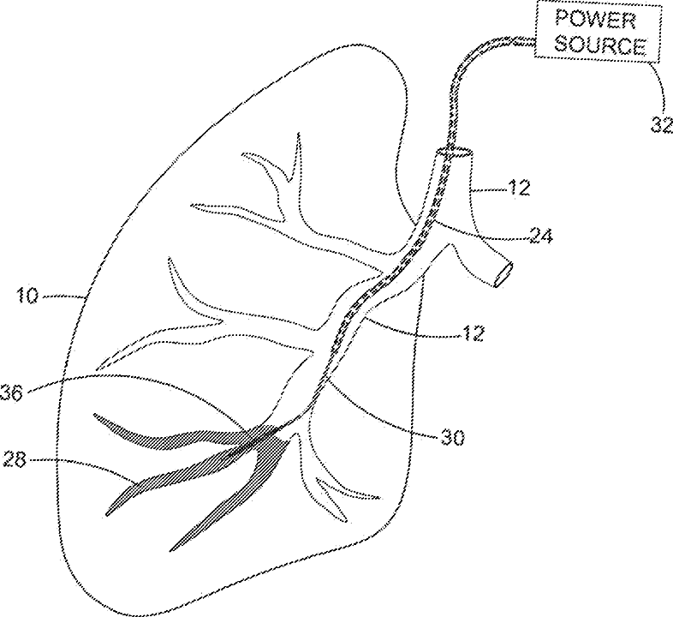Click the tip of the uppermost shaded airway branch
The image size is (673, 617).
point(96,416)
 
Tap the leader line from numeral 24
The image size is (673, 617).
point(479,231)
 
